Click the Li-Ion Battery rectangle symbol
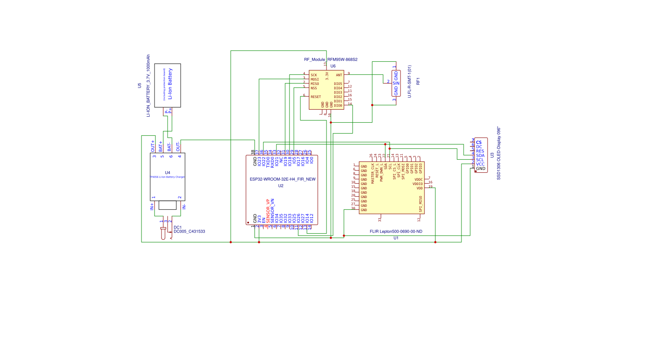point(168,85)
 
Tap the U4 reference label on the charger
point(168,173)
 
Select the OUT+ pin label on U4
point(153,146)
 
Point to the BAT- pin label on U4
point(169,147)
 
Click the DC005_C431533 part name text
point(189,232)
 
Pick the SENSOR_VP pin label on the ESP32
point(268,211)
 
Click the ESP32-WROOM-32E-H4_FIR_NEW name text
point(283,179)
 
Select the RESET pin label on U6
point(316,97)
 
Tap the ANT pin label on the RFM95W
point(339,75)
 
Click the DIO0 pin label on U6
point(338,106)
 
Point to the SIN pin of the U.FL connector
point(396,83)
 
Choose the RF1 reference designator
point(418,81)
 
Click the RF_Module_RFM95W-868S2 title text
point(331,60)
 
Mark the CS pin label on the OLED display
point(479,142)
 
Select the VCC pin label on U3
point(480,164)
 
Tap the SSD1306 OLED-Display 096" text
point(499,153)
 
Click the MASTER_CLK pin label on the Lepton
point(373,173)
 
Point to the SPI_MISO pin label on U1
point(421,204)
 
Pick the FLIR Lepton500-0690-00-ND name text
point(396,232)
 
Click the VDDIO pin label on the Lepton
point(417,184)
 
